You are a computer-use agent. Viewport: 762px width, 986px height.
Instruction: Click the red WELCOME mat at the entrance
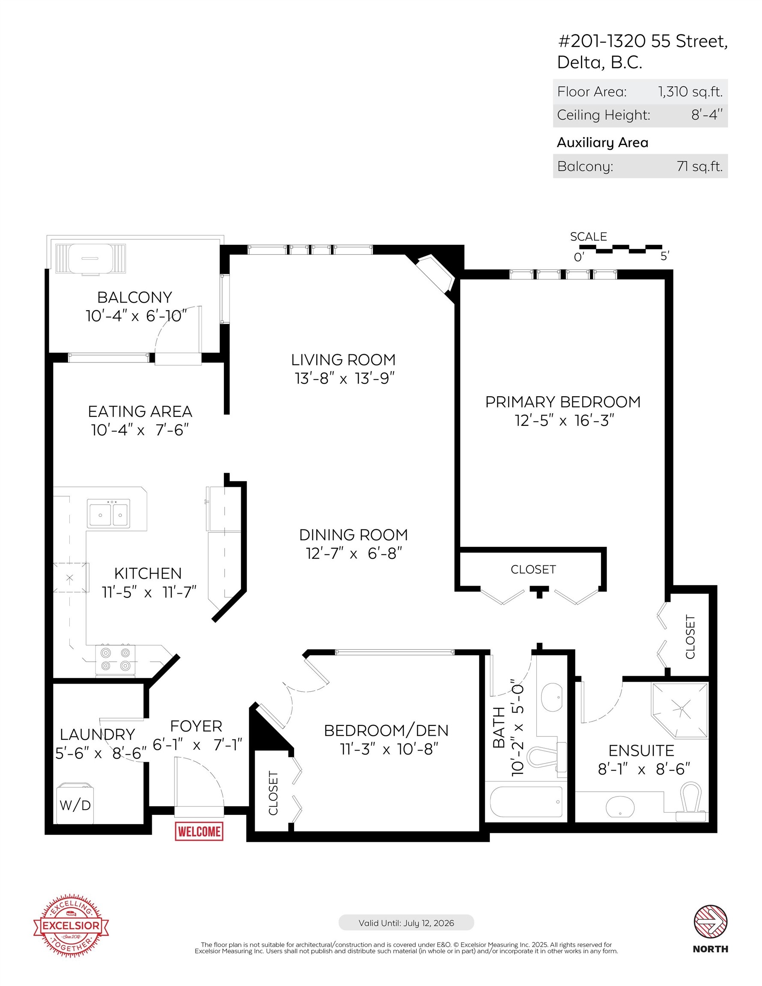(x=199, y=831)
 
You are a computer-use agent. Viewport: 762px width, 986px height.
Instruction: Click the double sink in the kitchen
(x=108, y=514)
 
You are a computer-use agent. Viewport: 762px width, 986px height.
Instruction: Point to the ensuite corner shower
(x=679, y=710)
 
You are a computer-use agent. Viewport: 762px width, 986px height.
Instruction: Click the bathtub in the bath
(x=526, y=802)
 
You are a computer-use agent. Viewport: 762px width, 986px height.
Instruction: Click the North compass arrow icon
(x=710, y=921)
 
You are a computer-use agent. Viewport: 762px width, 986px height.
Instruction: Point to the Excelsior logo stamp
(x=71, y=926)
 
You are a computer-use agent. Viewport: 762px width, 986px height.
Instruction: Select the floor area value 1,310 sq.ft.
(x=690, y=92)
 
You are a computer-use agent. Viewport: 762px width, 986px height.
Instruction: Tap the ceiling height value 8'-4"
(x=706, y=115)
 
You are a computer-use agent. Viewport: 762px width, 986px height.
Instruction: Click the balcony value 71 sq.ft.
(x=699, y=166)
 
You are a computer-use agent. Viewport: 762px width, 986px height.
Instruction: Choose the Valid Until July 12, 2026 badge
(x=406, y=923)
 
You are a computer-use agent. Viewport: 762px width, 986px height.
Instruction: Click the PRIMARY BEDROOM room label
(x=563, y=402)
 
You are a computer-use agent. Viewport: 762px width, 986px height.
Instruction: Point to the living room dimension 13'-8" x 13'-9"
(x=345, y=378)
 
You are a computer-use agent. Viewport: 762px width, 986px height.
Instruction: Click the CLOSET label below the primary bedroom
(x=533, y=569)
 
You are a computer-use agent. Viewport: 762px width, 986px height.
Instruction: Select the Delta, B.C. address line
(x=599, y=62)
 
